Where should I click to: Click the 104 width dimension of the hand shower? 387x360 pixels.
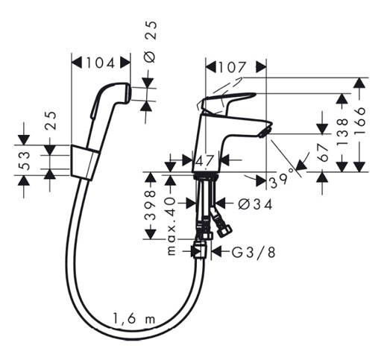click(x=101, y=63)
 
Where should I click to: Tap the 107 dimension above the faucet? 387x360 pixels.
click(x=232, y=67)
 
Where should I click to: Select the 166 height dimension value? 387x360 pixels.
click(x=359, y=121)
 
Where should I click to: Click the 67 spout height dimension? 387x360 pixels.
click(x=323, y=153)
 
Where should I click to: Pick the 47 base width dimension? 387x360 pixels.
click(x=205, y=161)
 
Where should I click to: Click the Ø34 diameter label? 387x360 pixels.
click(x=255, y=204)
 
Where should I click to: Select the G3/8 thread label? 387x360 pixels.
click(x=254, y=253)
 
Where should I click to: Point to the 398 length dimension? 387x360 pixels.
click(x=151, y=206)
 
